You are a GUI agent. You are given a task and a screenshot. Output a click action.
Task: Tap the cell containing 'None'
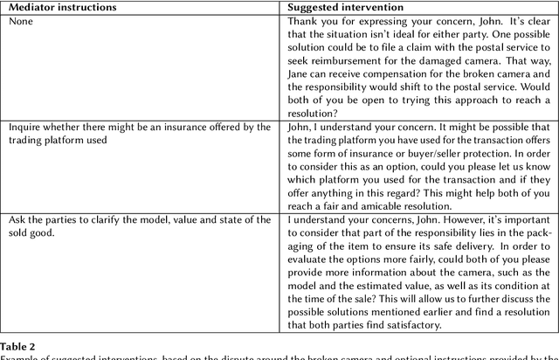21,20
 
